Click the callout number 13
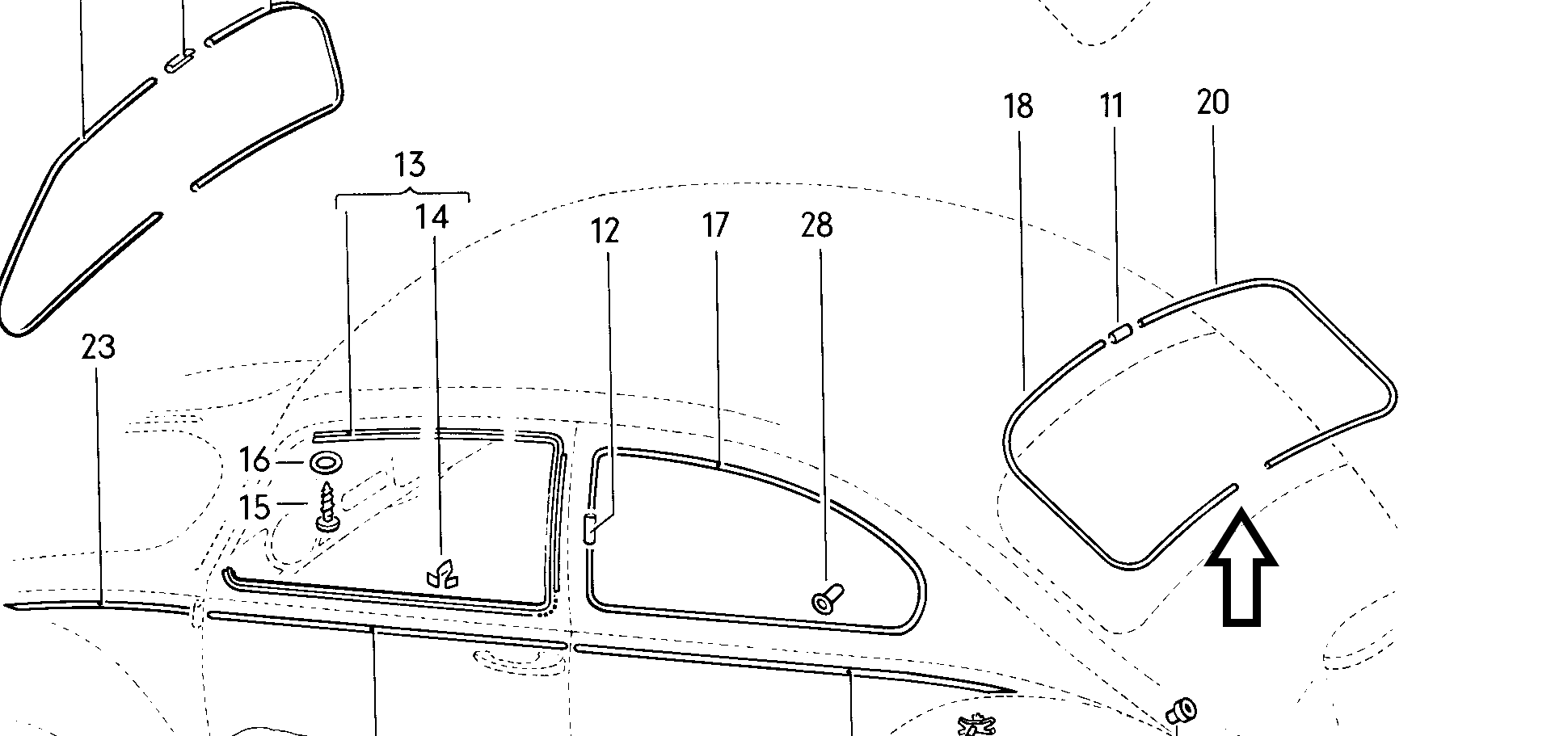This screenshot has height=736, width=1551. (410, 165)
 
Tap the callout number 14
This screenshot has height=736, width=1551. (432, 217)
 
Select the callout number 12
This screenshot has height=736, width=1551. (605, 231)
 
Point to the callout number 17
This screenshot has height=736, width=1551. (715, 225)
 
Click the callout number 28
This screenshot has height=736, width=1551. (816, 225)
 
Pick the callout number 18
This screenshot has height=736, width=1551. (1018, 106)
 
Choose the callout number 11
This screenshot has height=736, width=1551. (1112, 106)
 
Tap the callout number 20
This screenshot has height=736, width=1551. (1212, 103)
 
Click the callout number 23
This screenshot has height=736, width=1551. (99, 347)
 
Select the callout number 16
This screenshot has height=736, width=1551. (255, 461)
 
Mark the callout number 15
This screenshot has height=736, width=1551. (255, 507)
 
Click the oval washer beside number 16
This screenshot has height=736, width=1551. (325, 463)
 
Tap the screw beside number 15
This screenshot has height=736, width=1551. (327, 507)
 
